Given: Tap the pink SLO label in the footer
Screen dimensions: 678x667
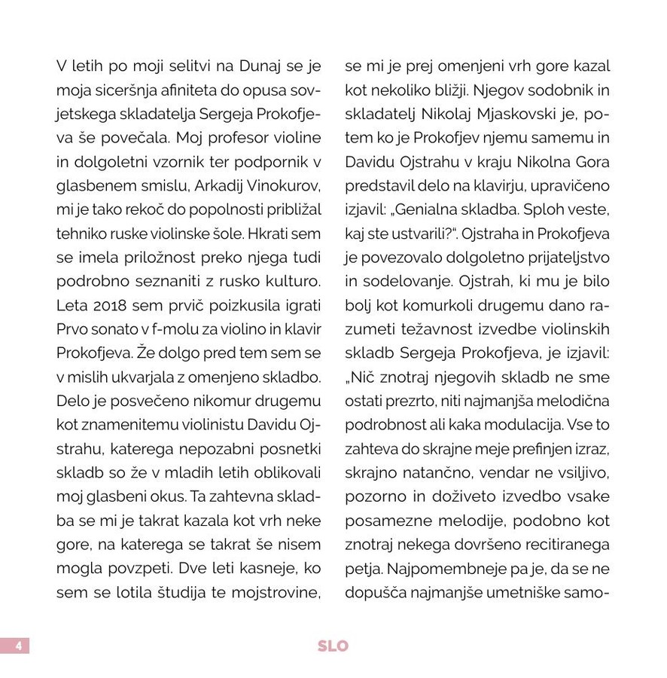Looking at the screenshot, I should click(x=333, y=646).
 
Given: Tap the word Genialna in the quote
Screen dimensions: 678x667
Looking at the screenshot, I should click(x=434, y=210).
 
